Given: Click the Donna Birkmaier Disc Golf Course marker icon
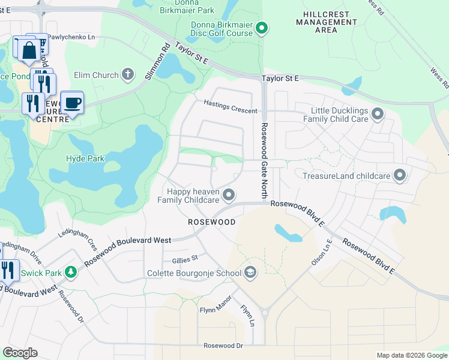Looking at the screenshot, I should point(262,28).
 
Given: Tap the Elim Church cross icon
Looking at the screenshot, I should point(127,74).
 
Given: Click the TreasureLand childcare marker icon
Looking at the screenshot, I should point(400,176).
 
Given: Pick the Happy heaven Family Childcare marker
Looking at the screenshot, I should point(228,194).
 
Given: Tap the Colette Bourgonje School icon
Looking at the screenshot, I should point(250,273).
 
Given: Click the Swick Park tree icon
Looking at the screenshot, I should point(71,272).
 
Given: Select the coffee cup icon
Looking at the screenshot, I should point(72,103).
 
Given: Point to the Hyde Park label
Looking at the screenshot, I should point(85,159).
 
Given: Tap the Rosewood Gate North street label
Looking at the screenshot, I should point(263,161).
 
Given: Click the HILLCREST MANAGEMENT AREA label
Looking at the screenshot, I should point(325,22).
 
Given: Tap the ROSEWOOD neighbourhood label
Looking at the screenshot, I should point(211,222).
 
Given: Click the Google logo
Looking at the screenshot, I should point(20,353).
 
